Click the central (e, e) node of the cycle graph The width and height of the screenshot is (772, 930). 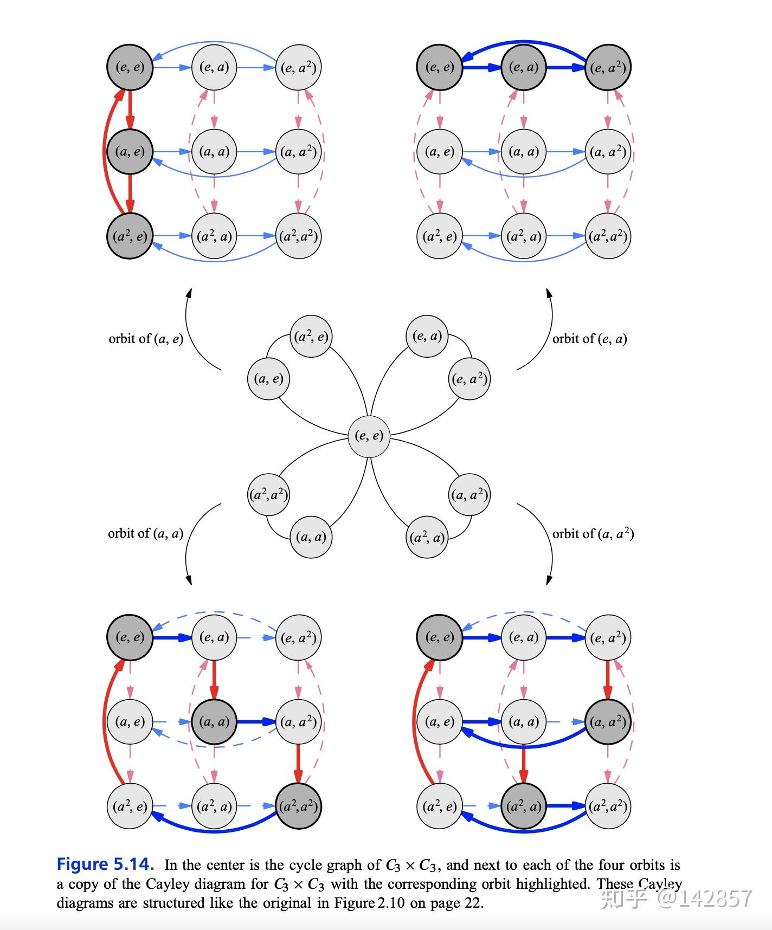tap(369, 436)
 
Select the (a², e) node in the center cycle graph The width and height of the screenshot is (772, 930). tap(311, 337)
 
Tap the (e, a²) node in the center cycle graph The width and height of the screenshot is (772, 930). tap(469, 379)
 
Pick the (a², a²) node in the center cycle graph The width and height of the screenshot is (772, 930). tap(268, 494)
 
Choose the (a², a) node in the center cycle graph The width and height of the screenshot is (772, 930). tap(427, 537)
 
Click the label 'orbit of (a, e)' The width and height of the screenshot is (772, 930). tap(146, 339)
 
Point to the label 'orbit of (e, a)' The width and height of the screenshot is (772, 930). tap(589, 339)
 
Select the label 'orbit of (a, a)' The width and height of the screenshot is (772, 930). tap(145, 533)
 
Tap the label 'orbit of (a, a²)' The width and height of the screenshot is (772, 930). tap(593, 533)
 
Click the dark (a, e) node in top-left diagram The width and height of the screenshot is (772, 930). tap(130, 152)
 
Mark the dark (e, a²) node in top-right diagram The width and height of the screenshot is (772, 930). tap(608, 68)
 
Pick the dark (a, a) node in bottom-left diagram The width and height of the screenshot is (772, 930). tap(214, 721)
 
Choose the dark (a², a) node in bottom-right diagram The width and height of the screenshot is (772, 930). tap(524, 806)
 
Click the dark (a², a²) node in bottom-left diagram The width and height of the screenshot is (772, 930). tap(299, 806)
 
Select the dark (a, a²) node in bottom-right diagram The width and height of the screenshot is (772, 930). tap(608, 721)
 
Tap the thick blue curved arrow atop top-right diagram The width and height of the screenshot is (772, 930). tap(524, 42)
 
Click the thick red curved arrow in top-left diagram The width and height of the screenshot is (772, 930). tap(105, 152)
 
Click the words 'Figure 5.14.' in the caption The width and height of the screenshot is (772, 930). tap(105, 864)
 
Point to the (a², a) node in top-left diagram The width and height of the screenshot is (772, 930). tap(214, 236)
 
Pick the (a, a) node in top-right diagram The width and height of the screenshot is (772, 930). tap(524, 152)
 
